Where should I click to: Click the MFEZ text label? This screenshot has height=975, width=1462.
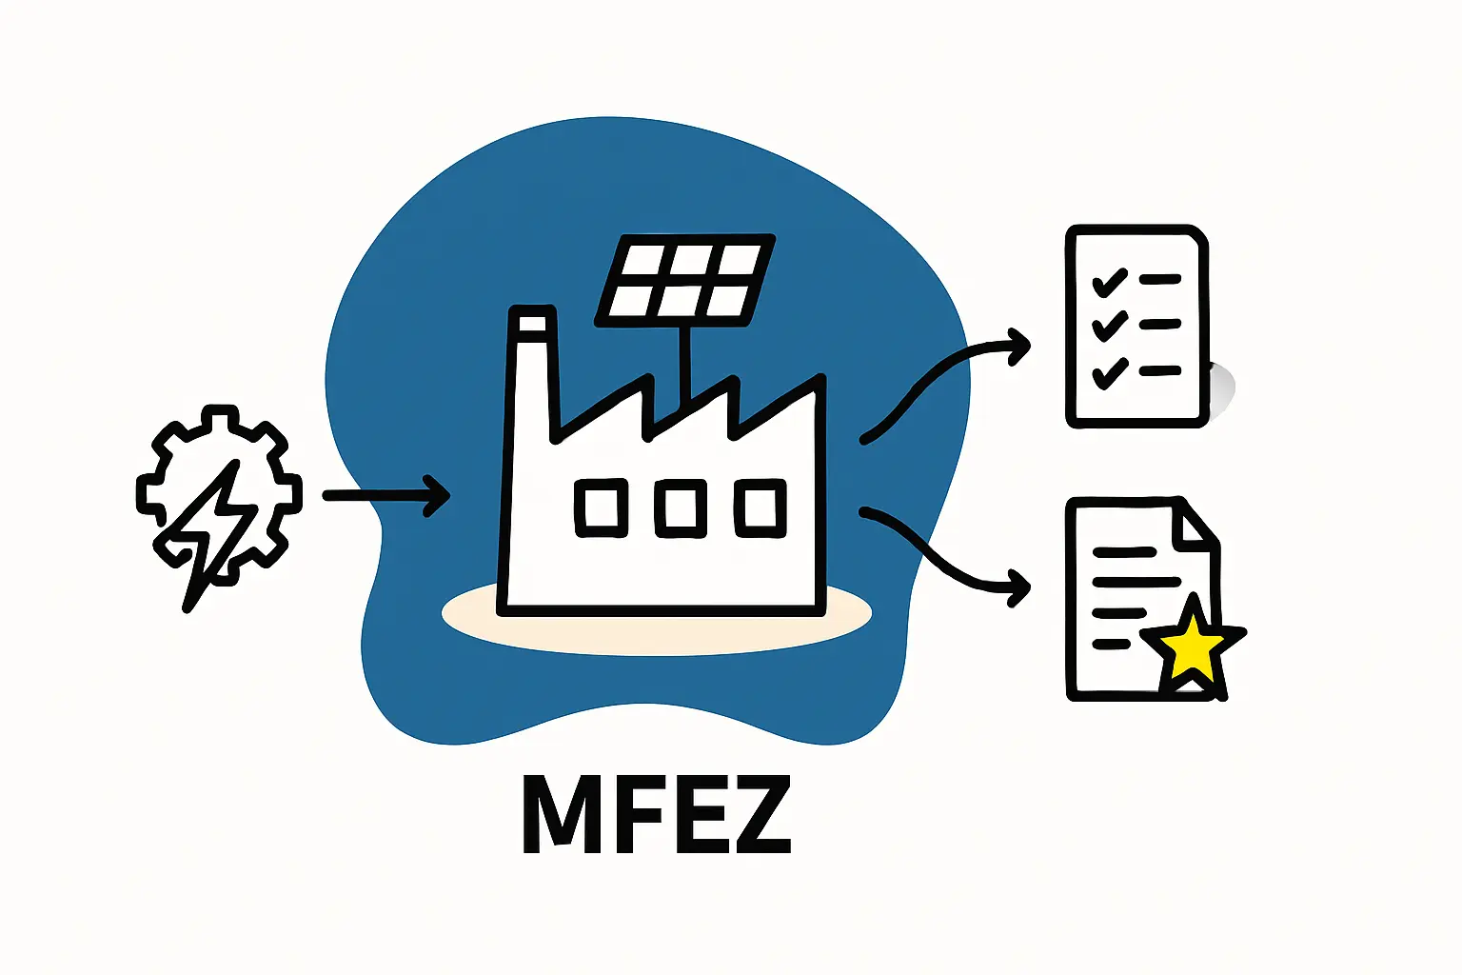(x=657, y=815)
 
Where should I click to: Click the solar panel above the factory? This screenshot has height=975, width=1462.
(x=684, y=279)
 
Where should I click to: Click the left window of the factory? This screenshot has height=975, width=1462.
(x=602, y=507)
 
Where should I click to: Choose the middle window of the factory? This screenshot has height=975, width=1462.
(x=681, y=507)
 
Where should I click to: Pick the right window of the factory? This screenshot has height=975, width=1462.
(x=760, y=507)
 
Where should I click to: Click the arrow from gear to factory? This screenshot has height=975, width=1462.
(x=385, y=495)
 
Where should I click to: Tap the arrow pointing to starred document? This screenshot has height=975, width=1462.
(x=942, y=557)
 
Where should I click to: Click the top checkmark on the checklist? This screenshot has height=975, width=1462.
(x=1109, y=283)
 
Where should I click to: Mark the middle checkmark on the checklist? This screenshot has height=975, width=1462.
(x=1109, y=327)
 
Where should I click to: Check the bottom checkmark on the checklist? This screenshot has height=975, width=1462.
(x=1109, y=373)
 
